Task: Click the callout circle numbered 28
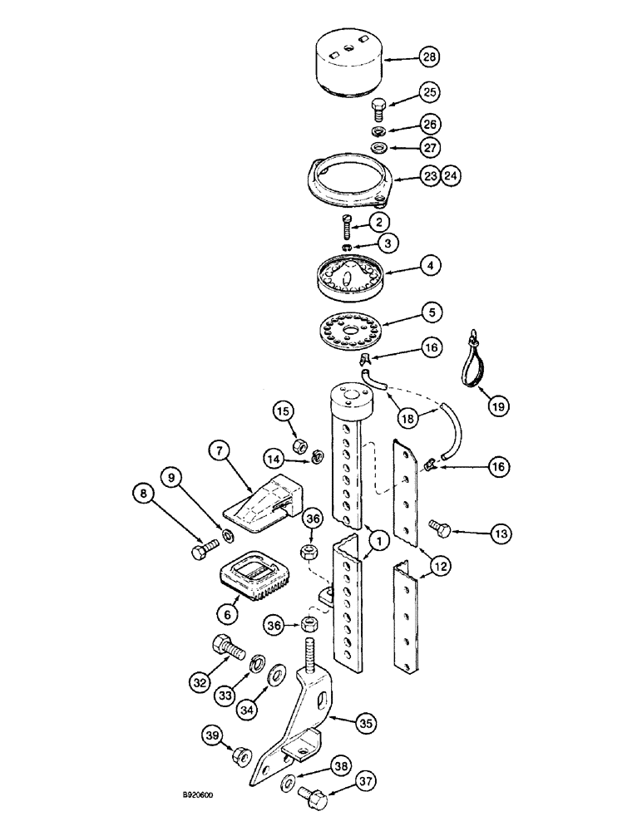pyautogui.click(x=429, y=57)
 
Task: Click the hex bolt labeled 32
pyautogui.click(x=226, y=646)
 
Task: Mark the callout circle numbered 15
pyautogui.click(x=283, y=411)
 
